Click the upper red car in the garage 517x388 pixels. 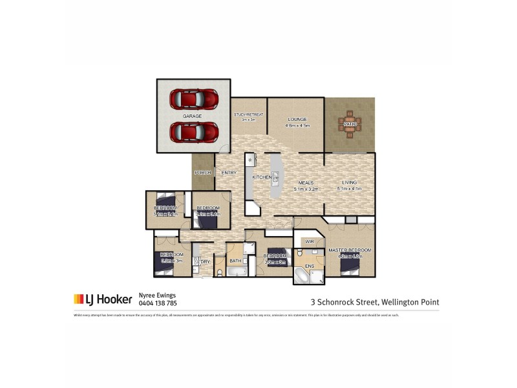point(194,98)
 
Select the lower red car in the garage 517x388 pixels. point(194,132)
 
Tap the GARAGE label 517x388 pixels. point(192,116)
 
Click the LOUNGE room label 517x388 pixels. point(297,119)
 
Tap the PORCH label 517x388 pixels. point(202,173)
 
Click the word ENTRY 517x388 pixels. point(229,173)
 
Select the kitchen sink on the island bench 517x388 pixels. point(275,176)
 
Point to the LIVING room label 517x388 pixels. point(349,183)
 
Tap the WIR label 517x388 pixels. point(309,241)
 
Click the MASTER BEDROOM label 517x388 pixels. point(350,250)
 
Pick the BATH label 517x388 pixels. point(235,261)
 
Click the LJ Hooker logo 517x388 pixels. point(103,299)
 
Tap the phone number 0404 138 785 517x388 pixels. point(158,303)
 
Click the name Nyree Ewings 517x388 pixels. point(158,295)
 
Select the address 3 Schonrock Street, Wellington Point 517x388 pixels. point(375,301)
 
